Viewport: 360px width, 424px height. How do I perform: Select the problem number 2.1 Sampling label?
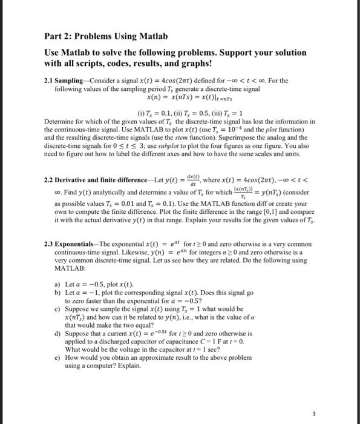point(67,81)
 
